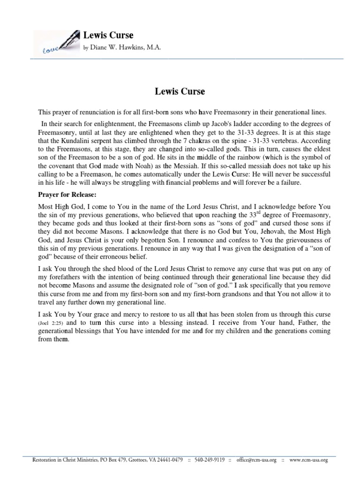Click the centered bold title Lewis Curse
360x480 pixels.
(180, 91)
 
